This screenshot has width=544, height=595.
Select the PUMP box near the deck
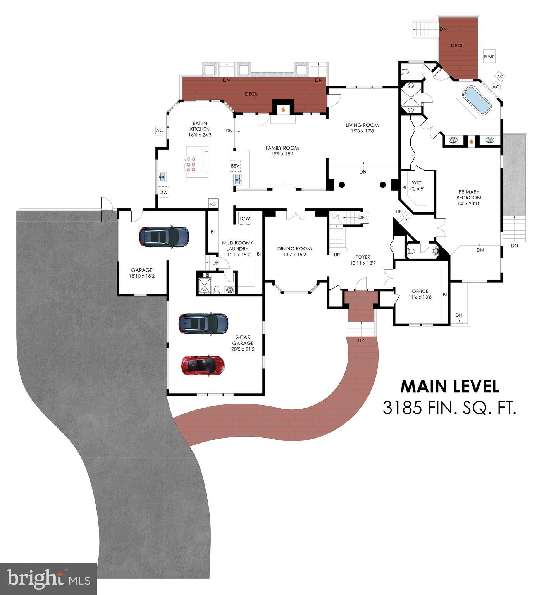(489, 57)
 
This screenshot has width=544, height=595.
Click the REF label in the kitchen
(213, 204)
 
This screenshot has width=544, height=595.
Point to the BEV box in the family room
(235, 166)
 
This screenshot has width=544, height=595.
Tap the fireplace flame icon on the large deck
(283, 110)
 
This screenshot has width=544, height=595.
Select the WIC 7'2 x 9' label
(417, 186)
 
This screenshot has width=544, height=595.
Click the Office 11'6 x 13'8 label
(420, 294)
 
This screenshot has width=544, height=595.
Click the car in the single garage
(164, 236)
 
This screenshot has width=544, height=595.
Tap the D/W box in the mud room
(245, 218)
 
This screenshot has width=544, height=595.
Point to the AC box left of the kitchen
(160, 131)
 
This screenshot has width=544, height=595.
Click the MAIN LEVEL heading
(449, 386)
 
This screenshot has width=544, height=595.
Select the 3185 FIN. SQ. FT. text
(449, 408)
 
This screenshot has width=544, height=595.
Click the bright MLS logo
(48, 579)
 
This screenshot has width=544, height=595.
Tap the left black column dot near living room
(342, 185)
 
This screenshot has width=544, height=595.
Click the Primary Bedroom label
(469, 198)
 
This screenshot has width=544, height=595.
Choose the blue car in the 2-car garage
(203, 323)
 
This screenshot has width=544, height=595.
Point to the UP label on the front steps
(361, 340)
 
